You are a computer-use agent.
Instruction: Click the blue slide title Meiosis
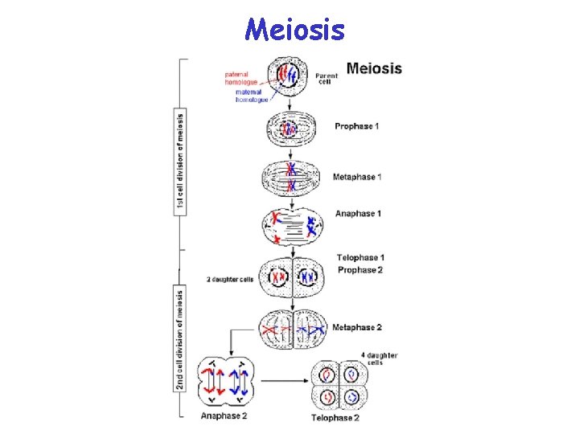click(x=295, y=30)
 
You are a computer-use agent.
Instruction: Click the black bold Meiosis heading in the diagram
click(x=374, y=68)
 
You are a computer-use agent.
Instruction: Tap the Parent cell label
click(x=326, y=79)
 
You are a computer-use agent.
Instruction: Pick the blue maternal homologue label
click(x=252, y=96)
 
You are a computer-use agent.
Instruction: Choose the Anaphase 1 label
click(x=358, y=214)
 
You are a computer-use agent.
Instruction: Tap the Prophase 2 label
click(x=359, y=270)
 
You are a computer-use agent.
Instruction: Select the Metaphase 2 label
click(x=357, y=328)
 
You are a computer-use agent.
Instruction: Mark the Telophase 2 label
click(x=335, y=417)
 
